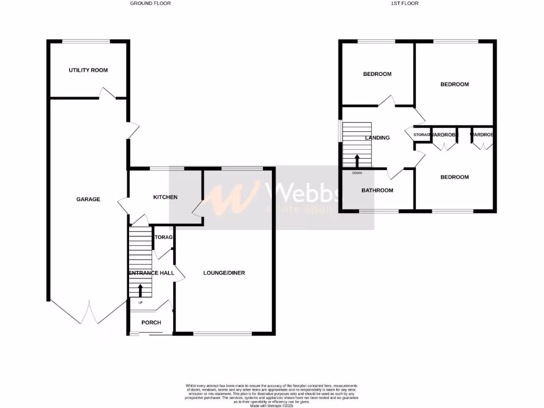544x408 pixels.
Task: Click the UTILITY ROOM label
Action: (88, 70)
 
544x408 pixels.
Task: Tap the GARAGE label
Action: (88, 199)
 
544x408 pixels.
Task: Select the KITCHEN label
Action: (165, 197)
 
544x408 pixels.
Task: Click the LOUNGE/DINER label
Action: (224, 273)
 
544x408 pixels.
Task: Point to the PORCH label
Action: (151, 322)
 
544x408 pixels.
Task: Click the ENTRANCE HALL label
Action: (151, 273)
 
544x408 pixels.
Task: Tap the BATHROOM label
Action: (377, 190)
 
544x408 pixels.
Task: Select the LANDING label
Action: (377, 138)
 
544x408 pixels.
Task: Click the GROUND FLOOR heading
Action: (151, 3)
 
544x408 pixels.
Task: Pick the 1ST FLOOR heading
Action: (405, 3)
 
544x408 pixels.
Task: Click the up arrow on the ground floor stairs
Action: (141, 290)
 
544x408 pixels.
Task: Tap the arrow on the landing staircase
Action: (356, 160)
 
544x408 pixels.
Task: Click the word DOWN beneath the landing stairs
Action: (356, 173)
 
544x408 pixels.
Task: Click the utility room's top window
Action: (87, 41)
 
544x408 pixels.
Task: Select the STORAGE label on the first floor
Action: (421, 135)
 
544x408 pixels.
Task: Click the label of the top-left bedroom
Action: (377, 74)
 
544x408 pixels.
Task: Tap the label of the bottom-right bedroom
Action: (455, 177)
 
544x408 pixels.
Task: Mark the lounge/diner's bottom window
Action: (223, 334)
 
